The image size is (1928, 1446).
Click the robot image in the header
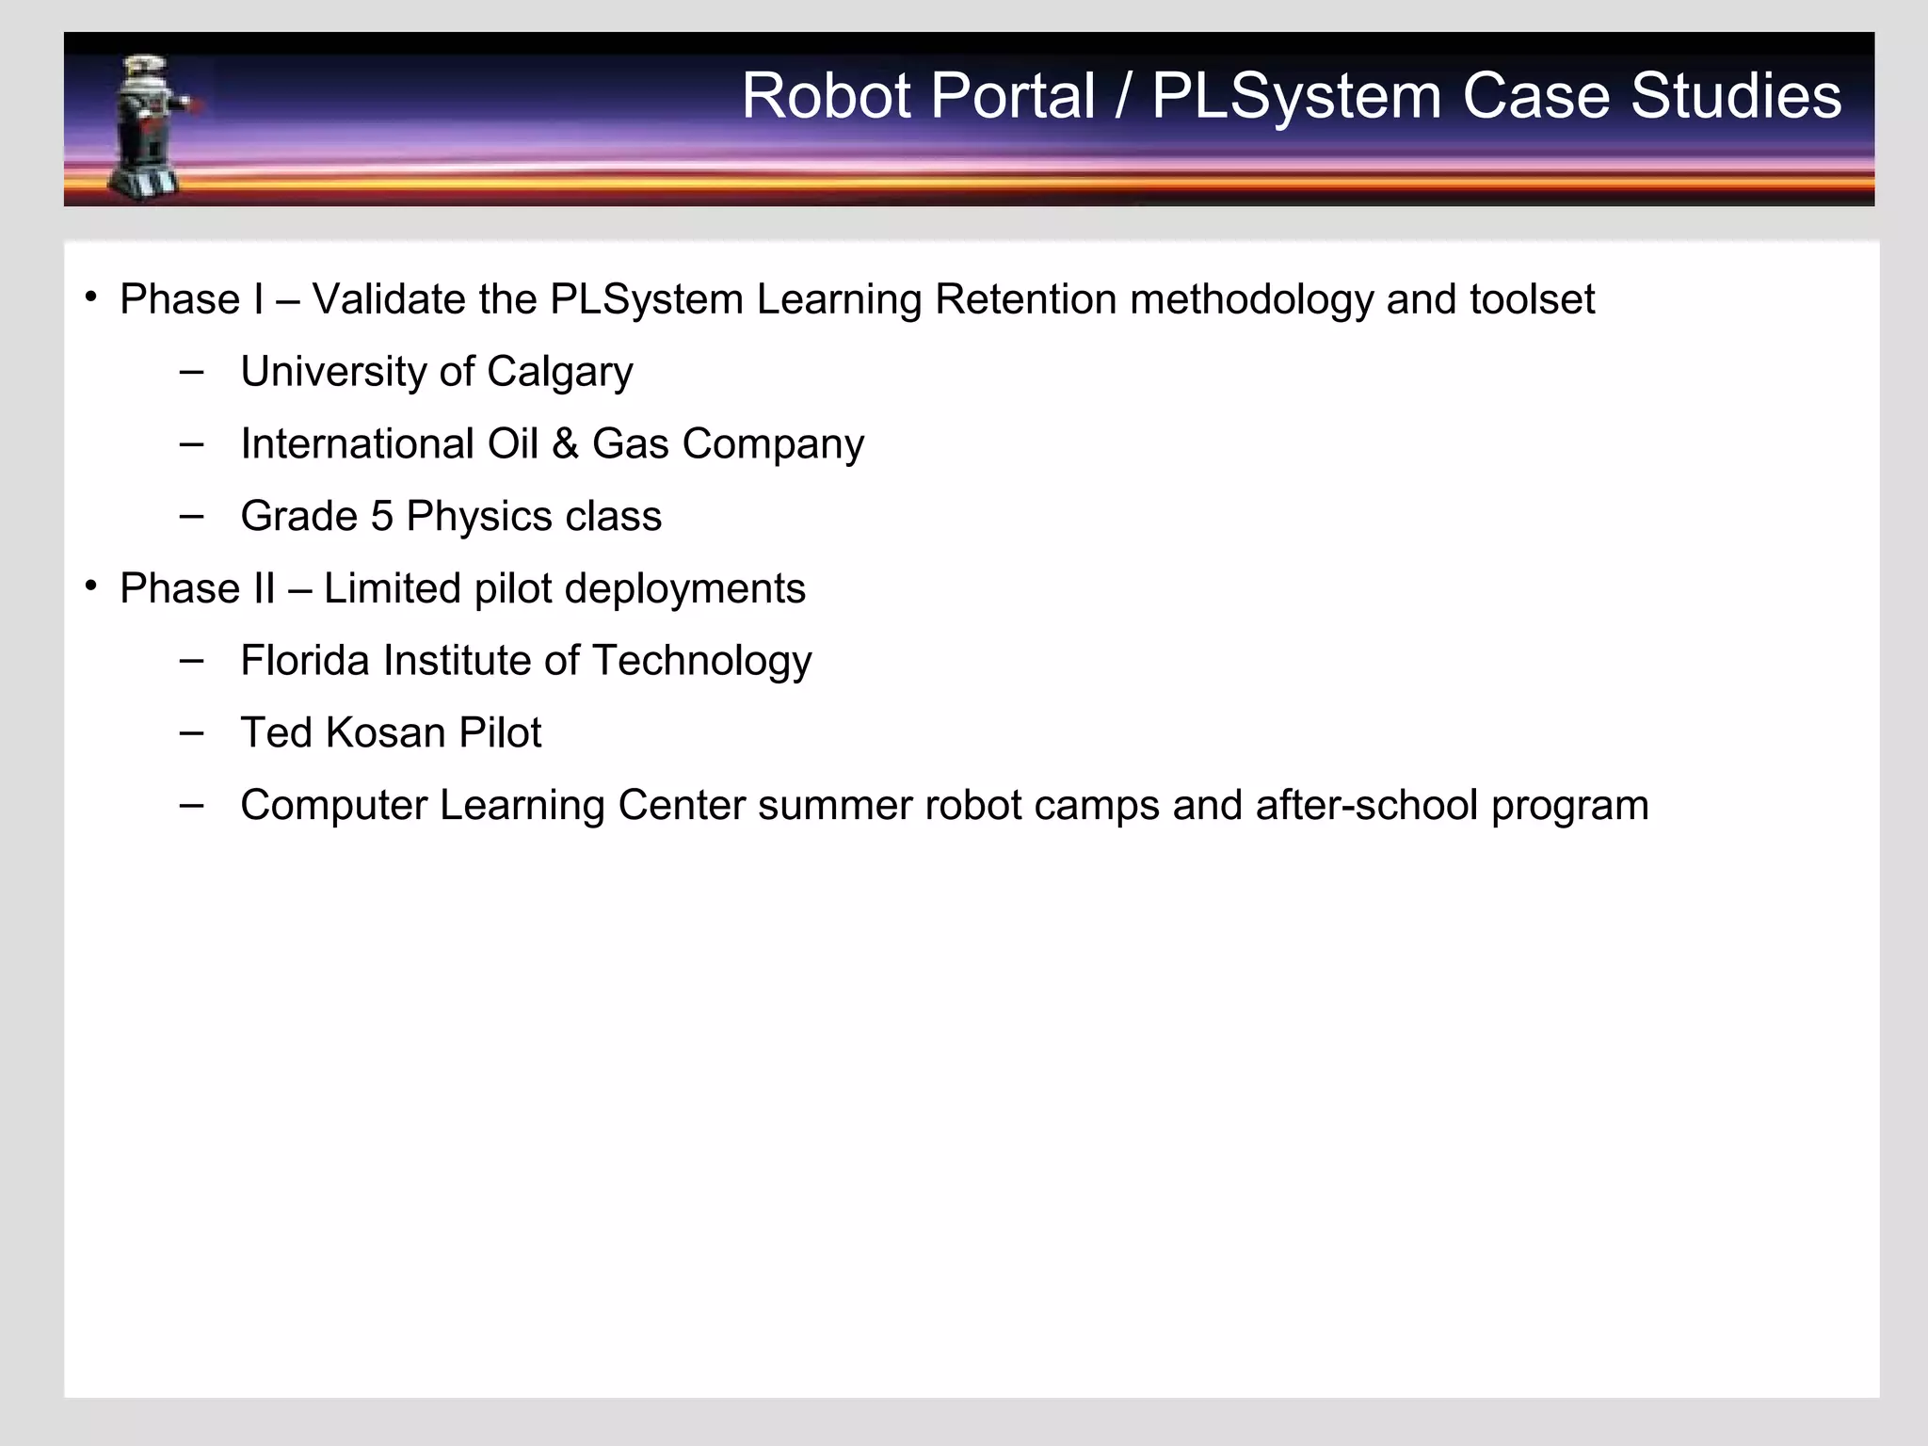(151, 126)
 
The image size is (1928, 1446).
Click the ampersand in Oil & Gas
(565, 444)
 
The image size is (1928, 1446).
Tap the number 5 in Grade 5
(381, 517)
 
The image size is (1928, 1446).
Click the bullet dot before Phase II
(91, 586)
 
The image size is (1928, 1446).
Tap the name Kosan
(384, 733)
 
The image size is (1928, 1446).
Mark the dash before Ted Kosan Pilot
(191, 731)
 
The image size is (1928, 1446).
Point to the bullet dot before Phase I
(91, 297)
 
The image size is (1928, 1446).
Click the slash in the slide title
(1123, 96)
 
